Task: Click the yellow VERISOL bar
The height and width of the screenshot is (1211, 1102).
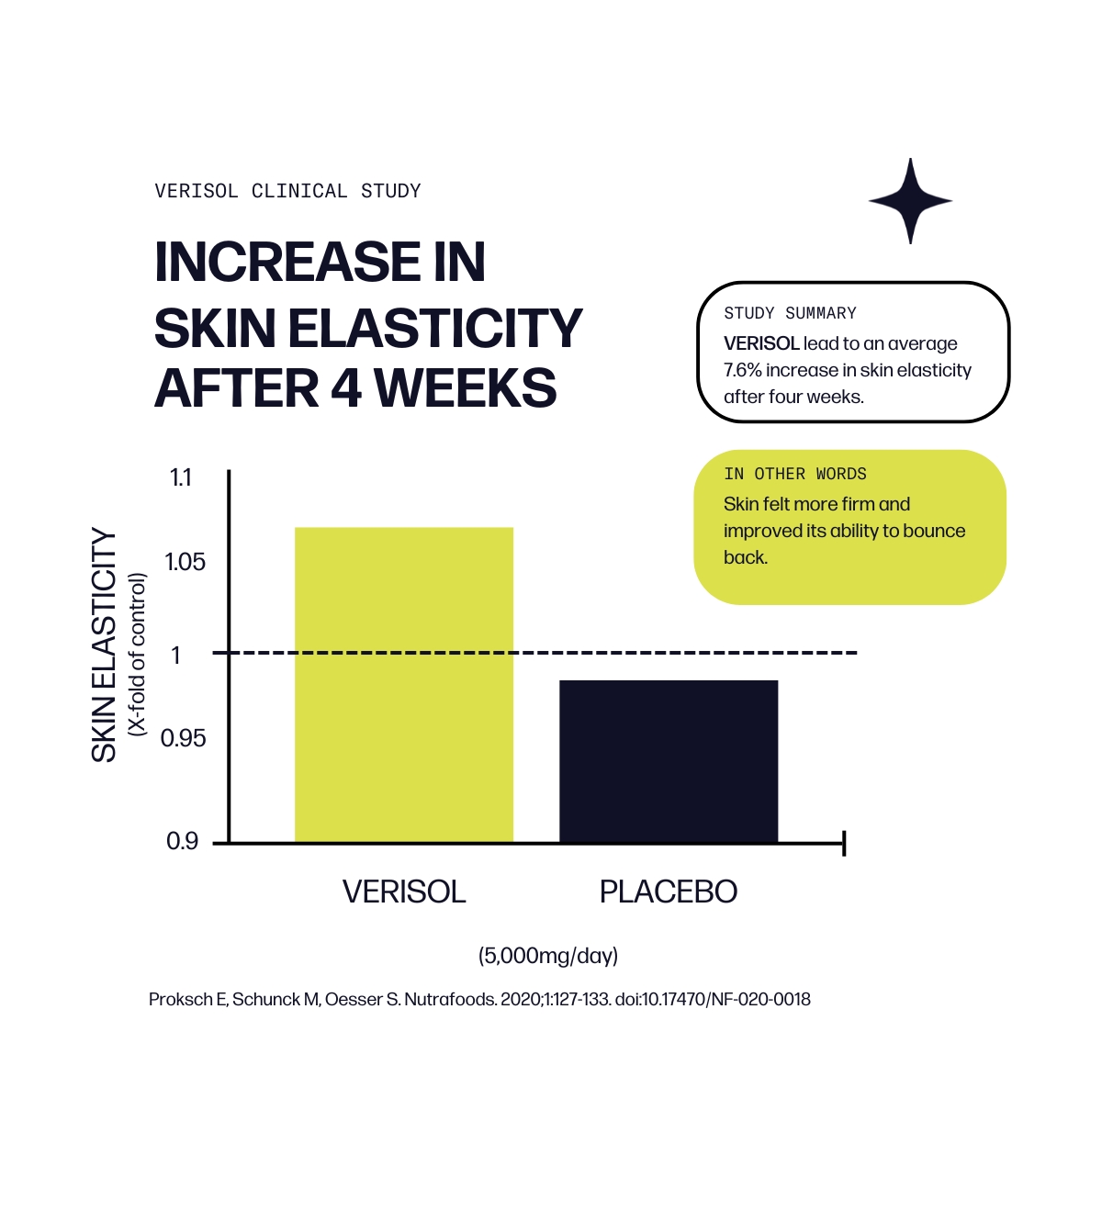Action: pos(403,684)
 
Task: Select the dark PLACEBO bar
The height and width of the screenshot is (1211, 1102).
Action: pos(669,761)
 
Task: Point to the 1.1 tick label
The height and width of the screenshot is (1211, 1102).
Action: pos(181,478)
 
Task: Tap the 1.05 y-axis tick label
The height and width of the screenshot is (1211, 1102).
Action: pos(185,562)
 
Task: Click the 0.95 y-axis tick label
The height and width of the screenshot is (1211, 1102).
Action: pos(183,738)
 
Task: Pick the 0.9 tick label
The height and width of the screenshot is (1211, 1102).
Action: pos(182,841)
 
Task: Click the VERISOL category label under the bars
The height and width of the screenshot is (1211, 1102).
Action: pos(404,891)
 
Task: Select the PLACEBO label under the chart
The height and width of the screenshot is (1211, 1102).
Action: pos(668,891)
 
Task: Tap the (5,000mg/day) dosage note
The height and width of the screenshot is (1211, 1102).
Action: pos(548,956)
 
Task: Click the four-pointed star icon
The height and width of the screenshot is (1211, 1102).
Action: pos(910,200)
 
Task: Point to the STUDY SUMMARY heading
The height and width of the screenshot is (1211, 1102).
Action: pos(790,314)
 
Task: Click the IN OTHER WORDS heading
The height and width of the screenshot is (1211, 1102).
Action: pos(794,475)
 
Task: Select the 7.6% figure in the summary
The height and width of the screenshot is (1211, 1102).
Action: pos(742,370)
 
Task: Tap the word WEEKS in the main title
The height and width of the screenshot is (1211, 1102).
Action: pos(466,387)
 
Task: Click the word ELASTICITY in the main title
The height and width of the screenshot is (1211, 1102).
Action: pos(435,328)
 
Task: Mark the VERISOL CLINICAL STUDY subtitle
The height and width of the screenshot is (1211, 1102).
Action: pos(287,191)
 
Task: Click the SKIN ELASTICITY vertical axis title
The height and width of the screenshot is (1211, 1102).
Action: pos(104,645)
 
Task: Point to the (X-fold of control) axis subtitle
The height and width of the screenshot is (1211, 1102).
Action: pos(138,654)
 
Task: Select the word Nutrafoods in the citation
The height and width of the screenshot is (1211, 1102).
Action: pos(450,999)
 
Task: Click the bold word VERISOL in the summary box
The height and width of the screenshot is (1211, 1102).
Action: pos(761,343)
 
